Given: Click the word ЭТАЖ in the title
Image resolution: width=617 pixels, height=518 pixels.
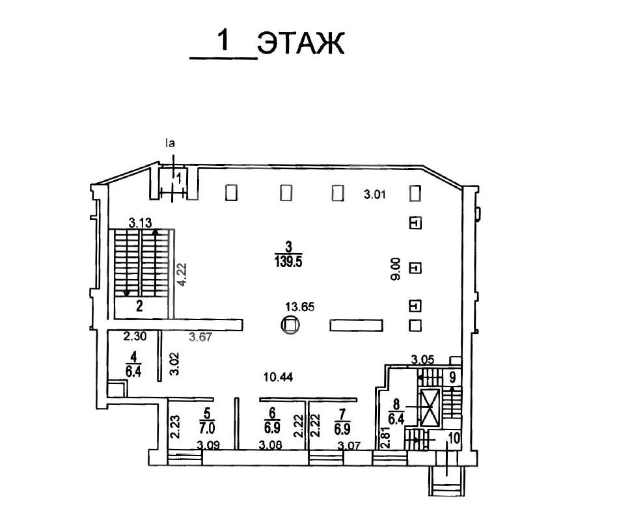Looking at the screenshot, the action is (301, 43).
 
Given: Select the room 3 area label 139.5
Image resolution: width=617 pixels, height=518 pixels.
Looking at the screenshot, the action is (288, 262).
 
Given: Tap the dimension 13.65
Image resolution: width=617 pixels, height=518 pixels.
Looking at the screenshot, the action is (300, 307).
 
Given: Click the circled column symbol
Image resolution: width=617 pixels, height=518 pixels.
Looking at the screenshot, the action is (290, 325).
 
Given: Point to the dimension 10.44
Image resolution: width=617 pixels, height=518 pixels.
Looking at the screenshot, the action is (278, 377).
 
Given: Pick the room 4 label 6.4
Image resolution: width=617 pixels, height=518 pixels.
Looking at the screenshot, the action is (133, 372).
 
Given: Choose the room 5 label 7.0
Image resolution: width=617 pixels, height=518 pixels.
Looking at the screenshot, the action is (207, 426).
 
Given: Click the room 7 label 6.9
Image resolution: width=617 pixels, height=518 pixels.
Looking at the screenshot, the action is (342, 428).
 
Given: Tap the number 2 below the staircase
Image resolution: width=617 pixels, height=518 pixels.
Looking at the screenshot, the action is (139, 306).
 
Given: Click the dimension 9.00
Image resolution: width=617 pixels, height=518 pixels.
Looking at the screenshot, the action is (395, 269).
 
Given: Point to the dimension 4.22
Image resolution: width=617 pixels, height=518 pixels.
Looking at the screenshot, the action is (182, 274).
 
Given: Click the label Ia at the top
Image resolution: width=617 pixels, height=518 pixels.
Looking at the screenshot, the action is (170, 143).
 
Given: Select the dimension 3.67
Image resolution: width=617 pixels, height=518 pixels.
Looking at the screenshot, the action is (200, 336).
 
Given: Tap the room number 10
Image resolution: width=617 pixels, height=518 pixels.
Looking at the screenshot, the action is (454, 438).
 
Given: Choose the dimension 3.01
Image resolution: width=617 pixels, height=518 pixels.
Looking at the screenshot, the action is (375, 195).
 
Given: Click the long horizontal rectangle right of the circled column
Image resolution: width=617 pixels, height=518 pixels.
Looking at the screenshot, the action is (356, 325).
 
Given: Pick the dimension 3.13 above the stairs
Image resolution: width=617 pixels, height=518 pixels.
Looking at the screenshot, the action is (141, 223).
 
